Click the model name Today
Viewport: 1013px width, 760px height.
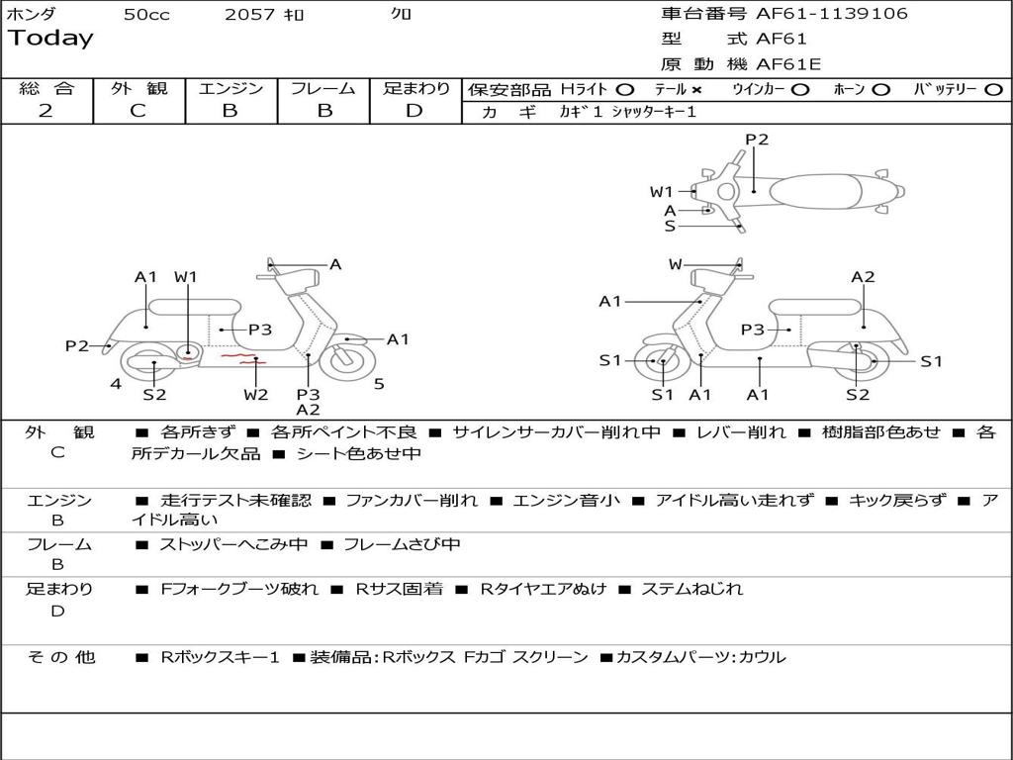coord(50,39)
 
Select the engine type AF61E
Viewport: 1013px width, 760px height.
coord(788,64)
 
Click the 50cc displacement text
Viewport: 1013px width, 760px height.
coord(145,14)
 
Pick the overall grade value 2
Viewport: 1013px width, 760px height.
coord(46,111)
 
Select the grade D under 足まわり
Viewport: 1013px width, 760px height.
coord(414,111)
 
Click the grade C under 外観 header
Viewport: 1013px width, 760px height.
coord(138,111)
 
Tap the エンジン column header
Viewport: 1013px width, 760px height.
coord(230,89)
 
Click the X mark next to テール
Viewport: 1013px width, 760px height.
coord(696,90)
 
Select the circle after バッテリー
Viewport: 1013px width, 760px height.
coord(993,90)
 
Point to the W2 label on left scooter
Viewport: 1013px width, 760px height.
coord(255,395)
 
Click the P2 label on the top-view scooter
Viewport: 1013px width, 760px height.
coord(757,140)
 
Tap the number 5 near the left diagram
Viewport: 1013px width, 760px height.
coord(379,384)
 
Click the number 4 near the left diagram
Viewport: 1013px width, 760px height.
coord(116,384)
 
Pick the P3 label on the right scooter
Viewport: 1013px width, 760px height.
coord(753,330)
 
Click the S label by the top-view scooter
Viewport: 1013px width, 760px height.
coord(670,226)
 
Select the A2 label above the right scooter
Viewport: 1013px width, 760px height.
coord(863,277)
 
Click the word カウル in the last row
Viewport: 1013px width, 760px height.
coord(762,657)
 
